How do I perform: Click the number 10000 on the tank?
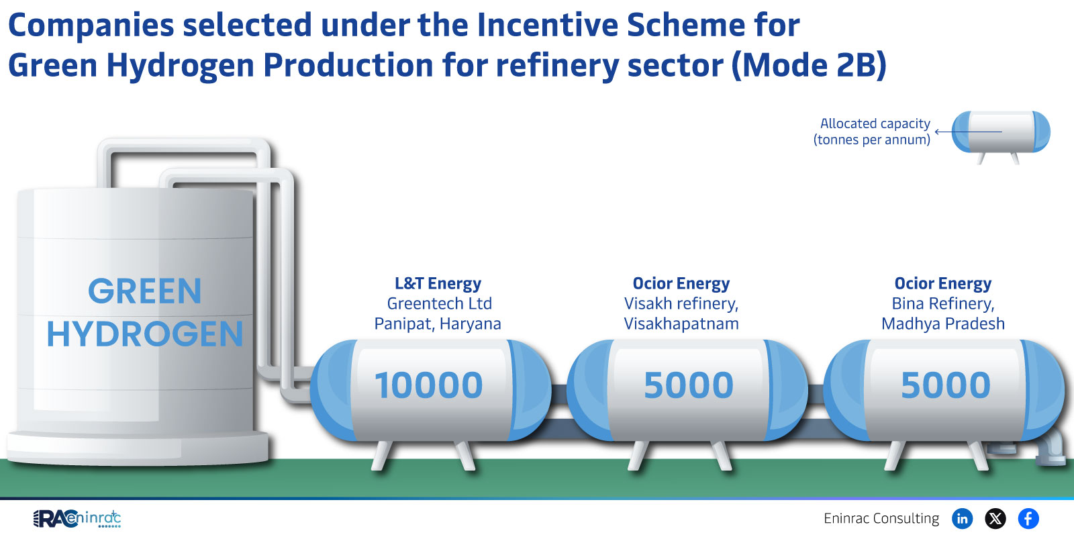pyautogui.click(x=429, y=385)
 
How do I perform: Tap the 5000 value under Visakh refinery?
pyautogui.click(x=689, y=385)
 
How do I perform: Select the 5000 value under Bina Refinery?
pyautogui.click(x=946, y=385)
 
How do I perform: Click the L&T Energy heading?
pyautogui.click(x=438, y=283)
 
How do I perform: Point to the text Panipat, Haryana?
pyautogui.click(x=438, y=324)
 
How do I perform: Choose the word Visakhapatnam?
pyautogui.click(x=681, y=324)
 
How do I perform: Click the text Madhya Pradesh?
pyautogui.click(x=943, y=324)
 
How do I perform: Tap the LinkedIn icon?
pyautogui.click(x=963, y=518)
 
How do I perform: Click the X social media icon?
pyautogui.click(x=995, y=518)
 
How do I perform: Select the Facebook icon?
pyautogui.click(x=1028, y=518)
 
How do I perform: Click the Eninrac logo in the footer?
pyautogui.click(x=77, y=518)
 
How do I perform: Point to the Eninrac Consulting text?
pyautogui.click(x=881, y=518)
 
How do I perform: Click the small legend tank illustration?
pyautogui.click(x=1001, y=137)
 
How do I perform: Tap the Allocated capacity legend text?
pyautogui.click(x=872, y=132)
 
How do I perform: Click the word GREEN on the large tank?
pyautogui.click(x=145, y=291)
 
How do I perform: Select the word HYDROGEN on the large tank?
pyautogui.click(x=145, y=334)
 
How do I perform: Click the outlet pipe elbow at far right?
pyautogui.click(x=1050, y=446)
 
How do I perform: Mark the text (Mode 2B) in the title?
pyautogui.click(x=809, y=64)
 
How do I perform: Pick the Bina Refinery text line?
pyautogui.click(x=943, y=303)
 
